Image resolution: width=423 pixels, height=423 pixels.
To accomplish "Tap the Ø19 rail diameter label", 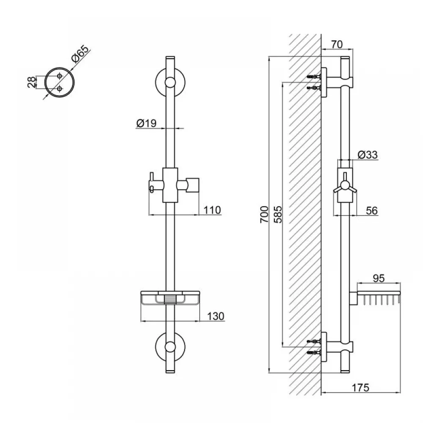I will click(x=146, y=124).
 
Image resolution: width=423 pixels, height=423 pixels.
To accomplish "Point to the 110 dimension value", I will click(x=212, y=210).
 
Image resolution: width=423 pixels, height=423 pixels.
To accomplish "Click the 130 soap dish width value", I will click(x=215, y=316).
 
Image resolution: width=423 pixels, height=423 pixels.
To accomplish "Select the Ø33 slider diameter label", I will click(x=367, y=155).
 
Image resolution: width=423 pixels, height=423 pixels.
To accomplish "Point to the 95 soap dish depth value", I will click(x=378, y=278).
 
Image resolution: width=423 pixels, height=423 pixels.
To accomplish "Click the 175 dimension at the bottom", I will click(x=360, y=387).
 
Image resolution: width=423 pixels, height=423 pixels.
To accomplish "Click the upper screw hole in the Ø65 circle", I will click(x=60, y=75).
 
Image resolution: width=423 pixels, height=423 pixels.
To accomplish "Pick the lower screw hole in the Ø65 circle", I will click(x=60, y=89).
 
